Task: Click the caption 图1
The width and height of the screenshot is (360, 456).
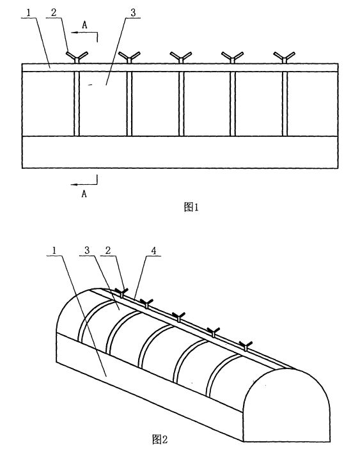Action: (191, 207)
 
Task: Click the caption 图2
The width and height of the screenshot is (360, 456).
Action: (160, 439)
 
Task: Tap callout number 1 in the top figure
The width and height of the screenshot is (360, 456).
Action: (29, 13)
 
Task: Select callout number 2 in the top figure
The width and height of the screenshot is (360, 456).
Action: (54, 13)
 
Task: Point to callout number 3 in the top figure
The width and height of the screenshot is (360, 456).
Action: (133, 13)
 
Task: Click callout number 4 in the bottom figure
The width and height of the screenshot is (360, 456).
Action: (154, 251)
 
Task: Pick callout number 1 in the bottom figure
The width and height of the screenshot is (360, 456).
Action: (54, 250)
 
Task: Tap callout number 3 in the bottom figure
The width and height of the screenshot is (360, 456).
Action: (87, 250)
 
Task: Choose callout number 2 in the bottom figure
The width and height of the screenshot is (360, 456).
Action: (108, 250)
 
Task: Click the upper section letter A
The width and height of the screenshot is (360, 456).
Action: (84, 25)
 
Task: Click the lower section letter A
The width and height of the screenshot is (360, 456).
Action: (84, 193)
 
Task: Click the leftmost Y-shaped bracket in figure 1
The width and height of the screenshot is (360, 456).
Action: (77, 57)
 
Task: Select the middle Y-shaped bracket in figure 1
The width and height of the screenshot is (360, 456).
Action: (181, 57)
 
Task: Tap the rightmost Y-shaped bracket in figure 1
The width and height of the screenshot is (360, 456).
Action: (285, 57)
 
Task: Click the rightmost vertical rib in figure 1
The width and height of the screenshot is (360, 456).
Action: (285, 104)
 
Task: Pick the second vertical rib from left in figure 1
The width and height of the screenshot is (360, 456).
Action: (129, 104)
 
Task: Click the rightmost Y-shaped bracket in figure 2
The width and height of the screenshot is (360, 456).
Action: (246, 346)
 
